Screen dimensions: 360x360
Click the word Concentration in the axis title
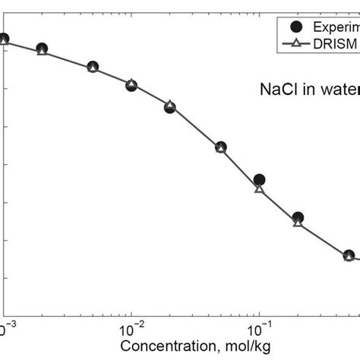click(x=162, y=348)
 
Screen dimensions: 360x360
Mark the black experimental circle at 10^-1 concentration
click(x=259, y=180)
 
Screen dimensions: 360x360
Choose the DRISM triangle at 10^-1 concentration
click(x=259, y=188)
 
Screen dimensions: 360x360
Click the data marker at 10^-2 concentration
click(x=131, y=85)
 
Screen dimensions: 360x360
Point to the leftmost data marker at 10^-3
click(x=4, y=39)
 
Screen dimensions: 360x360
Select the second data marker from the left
click(x=42, y=49)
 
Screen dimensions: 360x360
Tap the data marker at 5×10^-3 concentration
click(x=93, y=68)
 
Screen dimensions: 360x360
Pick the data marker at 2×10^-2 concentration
click(x=169, y=107)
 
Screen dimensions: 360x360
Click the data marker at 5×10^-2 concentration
click(x=220, y=147)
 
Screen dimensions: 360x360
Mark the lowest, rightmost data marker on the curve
click(x=349, y=256)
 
